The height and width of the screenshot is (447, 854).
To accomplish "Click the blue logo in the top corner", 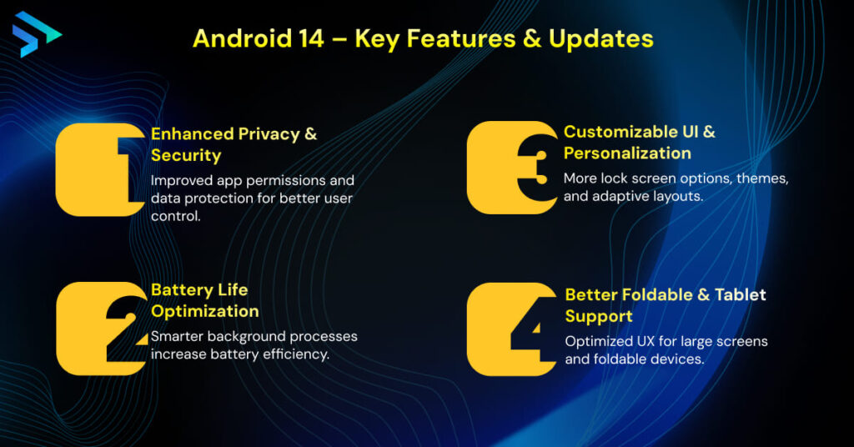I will (35, 34).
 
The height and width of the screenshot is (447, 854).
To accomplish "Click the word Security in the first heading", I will (186, 155).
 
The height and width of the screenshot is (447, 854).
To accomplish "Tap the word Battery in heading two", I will (182, 289).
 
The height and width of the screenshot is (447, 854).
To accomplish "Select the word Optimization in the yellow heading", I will (205, 311).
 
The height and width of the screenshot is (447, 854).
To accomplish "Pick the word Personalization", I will (627, 153).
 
